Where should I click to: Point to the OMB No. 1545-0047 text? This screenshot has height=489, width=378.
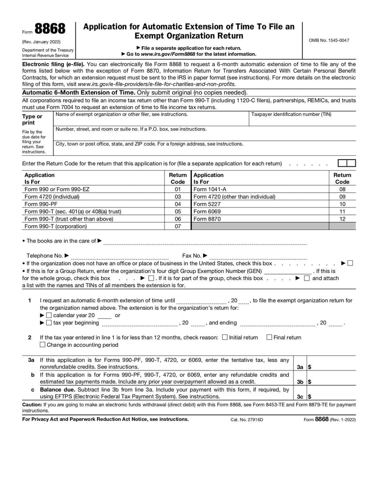[x=329, y=40]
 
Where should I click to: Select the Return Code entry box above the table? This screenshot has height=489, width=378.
[x=347, y=163]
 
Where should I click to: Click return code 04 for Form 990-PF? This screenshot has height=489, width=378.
[x=178, y=204]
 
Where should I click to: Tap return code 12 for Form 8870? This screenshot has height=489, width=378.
[x=343, y=219]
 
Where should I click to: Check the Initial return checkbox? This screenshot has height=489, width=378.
[x=224, y=337]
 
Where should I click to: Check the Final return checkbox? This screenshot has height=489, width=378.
[x=269, y=337]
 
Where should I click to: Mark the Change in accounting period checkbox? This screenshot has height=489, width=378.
[x=43, y=345]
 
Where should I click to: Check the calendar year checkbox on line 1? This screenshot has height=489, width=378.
[x=49, y=315]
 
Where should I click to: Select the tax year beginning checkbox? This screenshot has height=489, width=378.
[x=49, y=323]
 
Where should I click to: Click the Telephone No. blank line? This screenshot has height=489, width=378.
[x=120, y=257]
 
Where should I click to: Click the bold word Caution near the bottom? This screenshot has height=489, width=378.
[x=32, y=405]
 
